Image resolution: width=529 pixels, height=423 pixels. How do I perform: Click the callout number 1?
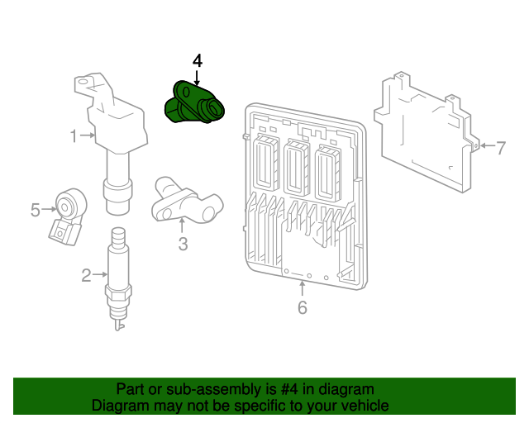(x=74, y=135)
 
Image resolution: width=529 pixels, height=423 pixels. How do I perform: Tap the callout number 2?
(x=86, y=276)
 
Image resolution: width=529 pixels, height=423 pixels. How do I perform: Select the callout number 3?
(x=183, y=244)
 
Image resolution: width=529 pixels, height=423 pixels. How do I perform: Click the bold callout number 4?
(x=197, y=61)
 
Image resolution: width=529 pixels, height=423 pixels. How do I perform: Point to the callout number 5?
(x=35, y=210)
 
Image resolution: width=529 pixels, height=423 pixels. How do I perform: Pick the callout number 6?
(x=302, y=308)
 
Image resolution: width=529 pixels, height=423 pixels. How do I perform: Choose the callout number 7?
(x=500, y=148)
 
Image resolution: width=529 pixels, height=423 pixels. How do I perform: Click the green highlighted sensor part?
(x=195, y=106)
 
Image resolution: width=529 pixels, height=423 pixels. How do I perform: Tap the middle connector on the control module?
(x=296, y=167)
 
